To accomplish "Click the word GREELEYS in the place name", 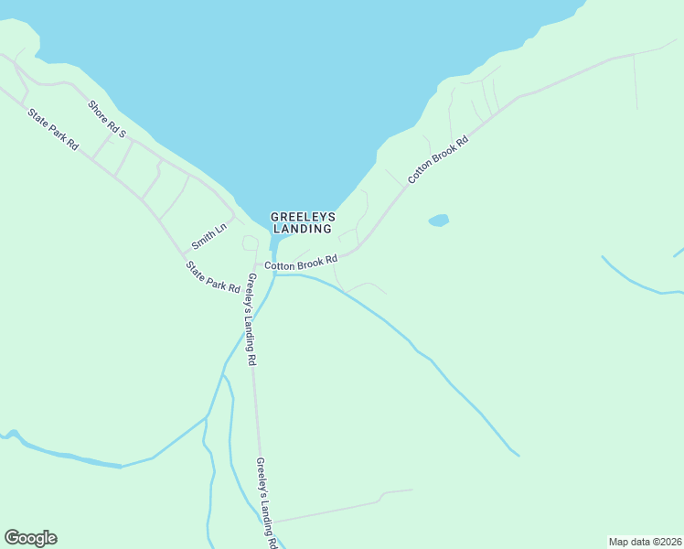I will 303,217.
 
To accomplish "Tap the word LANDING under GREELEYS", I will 303,229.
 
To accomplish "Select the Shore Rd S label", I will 107,120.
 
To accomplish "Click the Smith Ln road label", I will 208,238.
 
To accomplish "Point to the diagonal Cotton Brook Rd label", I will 438,159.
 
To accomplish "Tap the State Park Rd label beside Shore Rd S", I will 54,131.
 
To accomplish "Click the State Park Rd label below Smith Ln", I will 212,277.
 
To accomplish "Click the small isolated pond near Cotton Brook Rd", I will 439,221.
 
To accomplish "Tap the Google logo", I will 30,538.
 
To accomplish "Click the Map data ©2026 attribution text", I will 644,542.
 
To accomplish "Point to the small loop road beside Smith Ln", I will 249,242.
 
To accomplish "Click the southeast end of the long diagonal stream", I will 518,454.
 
